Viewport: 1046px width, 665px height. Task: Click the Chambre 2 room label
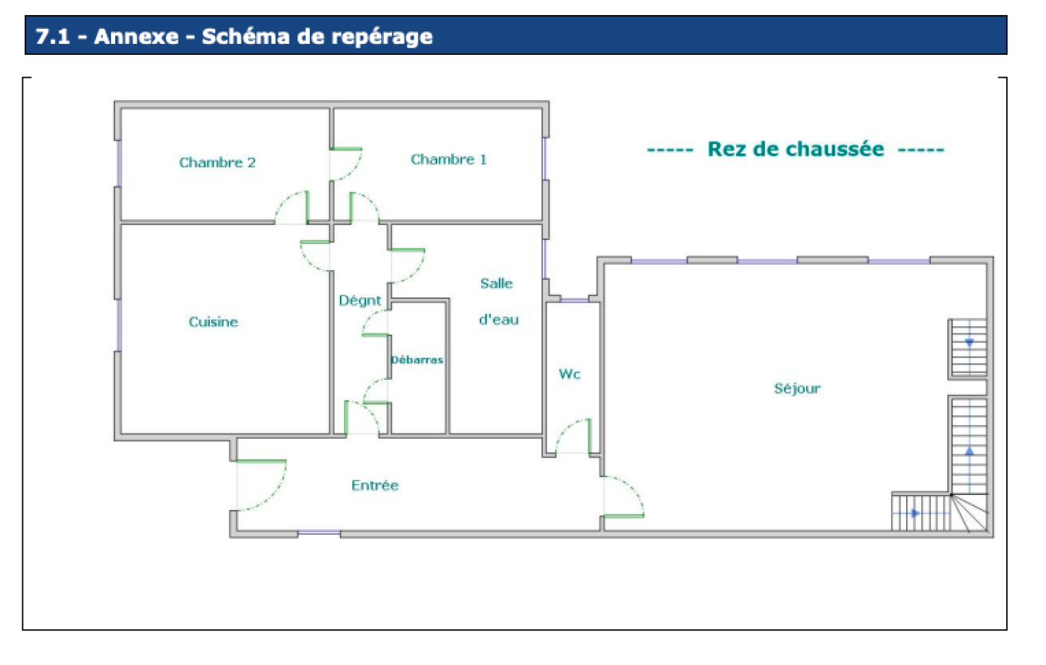point(217,162)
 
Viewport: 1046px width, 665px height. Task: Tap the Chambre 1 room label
point(448,159)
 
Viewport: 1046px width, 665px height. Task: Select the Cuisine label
point(213,322)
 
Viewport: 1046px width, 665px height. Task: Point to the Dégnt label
point(360,300)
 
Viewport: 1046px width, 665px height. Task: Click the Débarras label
point(417,360)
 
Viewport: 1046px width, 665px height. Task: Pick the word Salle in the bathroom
point(496,283)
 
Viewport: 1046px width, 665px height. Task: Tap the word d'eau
point(499,320)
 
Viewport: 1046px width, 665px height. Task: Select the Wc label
point(569,374)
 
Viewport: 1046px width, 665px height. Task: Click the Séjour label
point(797,388)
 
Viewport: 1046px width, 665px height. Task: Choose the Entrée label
point(375,485)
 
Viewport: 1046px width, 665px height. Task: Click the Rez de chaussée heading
point(796,149)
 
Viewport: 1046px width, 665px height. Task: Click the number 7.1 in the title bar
point(52,36)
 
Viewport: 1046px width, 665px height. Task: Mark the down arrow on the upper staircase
point(970,342)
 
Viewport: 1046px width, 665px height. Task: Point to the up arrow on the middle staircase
point(970,451)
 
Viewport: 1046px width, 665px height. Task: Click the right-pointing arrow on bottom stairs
point(915,513)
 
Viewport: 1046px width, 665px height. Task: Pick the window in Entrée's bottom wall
point(319,534)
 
